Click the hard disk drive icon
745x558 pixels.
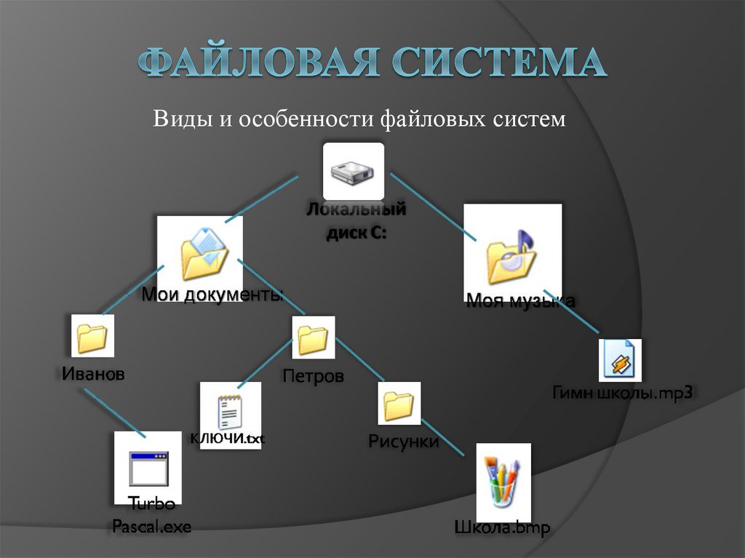point(353,172)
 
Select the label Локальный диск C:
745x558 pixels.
point(355,221)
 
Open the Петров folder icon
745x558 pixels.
point(313,338)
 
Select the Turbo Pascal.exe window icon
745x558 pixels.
point(148,468)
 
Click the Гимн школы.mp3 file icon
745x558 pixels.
point(621,359)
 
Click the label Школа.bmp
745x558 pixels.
point(502,527)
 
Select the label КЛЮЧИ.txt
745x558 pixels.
point(228,438)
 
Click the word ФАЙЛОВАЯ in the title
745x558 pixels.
point(260,64)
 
